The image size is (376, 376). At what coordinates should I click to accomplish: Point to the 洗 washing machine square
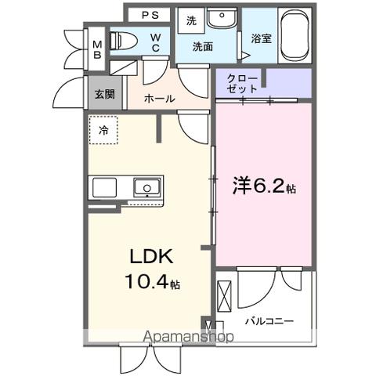(191, 21)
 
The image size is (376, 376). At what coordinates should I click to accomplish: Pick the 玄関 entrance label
(105, 93)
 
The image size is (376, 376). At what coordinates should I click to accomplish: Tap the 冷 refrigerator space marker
(103, 131)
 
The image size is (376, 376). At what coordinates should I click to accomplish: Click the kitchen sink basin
(146, 188)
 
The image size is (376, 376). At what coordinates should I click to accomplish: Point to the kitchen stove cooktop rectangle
(104, 188)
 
